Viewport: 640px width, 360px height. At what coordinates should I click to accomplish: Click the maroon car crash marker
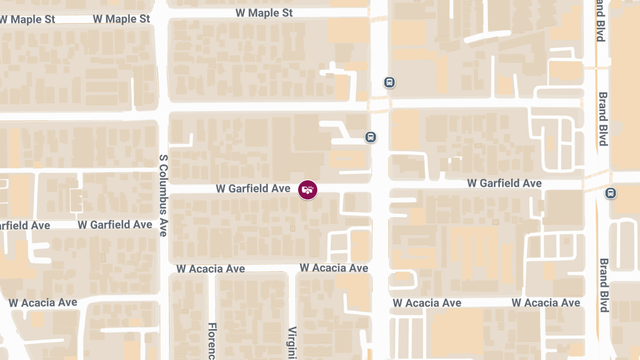click(x=307, y=189)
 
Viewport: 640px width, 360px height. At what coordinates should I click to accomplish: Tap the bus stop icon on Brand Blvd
click(x=611, y=193)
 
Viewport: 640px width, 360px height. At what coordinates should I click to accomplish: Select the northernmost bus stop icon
click(x=389, y=82)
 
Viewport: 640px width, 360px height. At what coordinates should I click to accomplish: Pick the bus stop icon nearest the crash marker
click(x=371, y=137)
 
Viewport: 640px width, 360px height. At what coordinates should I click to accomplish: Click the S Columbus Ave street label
click(x=164, y=195)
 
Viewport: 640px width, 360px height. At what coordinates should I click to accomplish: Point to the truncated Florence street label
click(x=212, y=341)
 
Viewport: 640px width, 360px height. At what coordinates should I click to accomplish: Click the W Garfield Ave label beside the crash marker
click(x=253, y=189)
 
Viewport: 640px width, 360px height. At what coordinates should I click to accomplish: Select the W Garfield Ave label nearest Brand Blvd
click(x=504, y=183)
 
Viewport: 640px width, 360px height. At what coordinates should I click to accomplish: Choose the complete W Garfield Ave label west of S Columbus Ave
click(x=115, y=225)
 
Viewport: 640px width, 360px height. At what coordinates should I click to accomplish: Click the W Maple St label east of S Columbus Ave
click(x=264, y=13)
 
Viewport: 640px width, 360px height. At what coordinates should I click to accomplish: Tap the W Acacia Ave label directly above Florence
click(x=211, y=268)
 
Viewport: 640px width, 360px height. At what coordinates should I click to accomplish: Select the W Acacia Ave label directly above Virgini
click(x=334, y=267)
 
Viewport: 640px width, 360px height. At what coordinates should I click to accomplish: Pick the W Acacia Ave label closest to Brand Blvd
click(x=546, y=302)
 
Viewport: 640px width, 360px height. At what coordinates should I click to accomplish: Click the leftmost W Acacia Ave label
click(x=43, y=302)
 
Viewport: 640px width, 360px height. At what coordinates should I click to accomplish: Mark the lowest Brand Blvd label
click(x=604, y=285)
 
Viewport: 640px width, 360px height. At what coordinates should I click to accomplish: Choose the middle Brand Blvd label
click(x=603, y=118)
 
